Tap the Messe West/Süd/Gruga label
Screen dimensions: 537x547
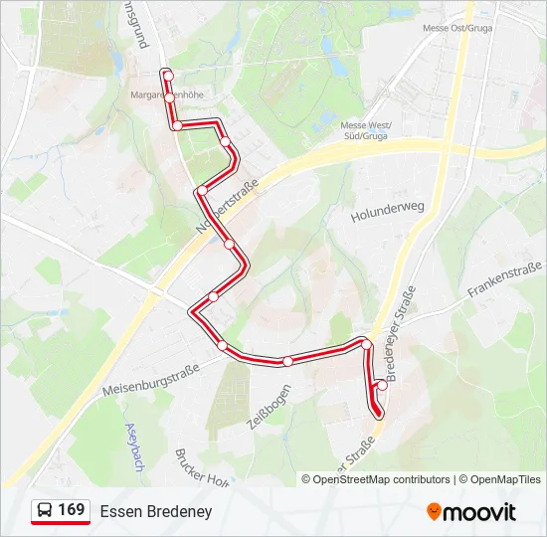367,131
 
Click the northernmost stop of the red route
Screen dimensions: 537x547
168,76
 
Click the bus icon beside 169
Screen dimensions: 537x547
44,511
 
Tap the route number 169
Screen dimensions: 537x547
71,510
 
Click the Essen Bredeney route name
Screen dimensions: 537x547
156,511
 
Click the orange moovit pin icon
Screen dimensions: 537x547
433,511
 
